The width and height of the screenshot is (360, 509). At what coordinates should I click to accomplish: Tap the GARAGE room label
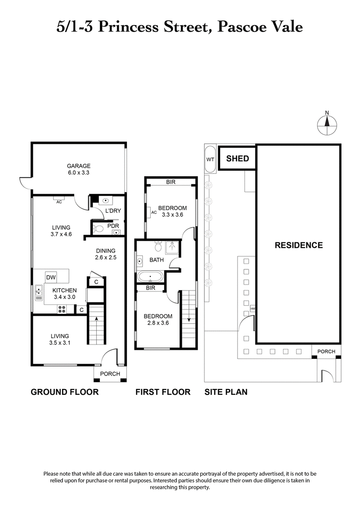[x=79, y=165]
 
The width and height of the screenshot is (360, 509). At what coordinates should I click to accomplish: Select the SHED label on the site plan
[x=237, y=159]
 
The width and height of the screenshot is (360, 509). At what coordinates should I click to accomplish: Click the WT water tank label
[x=210, y=159]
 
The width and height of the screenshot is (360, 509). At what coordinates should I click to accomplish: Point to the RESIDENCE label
[x=299, y=245]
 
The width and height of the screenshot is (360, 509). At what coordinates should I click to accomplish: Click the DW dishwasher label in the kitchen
[x=51, y=277]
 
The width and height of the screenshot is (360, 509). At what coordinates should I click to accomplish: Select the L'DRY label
[x=112, y=210]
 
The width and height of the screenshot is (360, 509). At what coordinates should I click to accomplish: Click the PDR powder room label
[x=112, y=226]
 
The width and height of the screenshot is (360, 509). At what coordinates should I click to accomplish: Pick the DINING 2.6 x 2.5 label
[x=106, y=254]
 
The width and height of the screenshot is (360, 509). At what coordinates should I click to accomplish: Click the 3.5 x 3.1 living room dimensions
[x=60, y=343]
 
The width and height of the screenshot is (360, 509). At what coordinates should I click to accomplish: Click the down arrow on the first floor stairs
[x=189, y=319]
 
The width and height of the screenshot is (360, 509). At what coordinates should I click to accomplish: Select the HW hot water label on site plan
[x=252, y=309]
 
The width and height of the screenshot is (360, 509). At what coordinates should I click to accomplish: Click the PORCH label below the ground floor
[x=110, y=374]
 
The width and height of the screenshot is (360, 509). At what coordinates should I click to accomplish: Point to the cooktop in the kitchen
[x=62, y=309]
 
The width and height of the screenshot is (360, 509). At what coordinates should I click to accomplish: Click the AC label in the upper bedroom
[x=153, y=212]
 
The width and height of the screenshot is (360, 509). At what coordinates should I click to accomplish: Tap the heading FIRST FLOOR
[x=163, y=392]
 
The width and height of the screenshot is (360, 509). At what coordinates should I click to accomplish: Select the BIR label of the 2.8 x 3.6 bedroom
[x=150, y=289]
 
